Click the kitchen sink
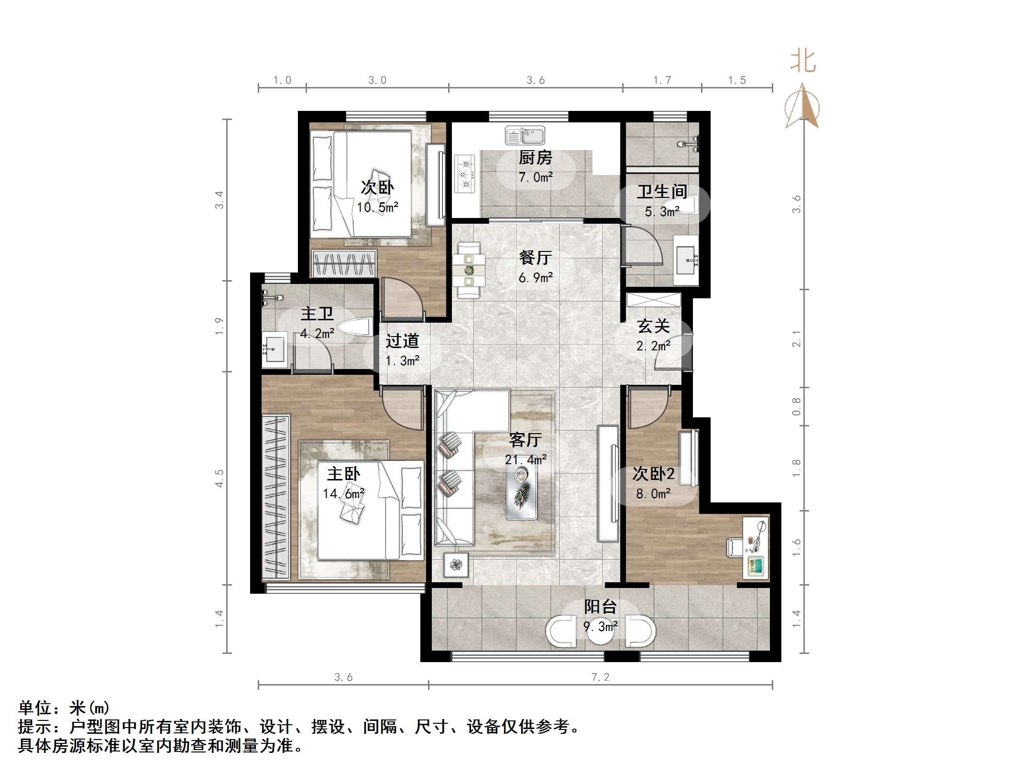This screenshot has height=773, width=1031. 525,136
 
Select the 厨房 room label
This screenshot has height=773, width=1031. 535,157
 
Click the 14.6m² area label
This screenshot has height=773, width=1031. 343,493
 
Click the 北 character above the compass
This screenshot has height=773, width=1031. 803,62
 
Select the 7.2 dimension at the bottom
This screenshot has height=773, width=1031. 600,677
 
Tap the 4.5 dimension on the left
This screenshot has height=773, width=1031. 219,478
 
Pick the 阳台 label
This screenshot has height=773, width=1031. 600,607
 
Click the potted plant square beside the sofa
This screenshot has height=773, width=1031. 456,565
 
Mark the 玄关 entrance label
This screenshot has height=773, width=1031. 653,327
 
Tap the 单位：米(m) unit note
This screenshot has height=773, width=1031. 65,708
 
